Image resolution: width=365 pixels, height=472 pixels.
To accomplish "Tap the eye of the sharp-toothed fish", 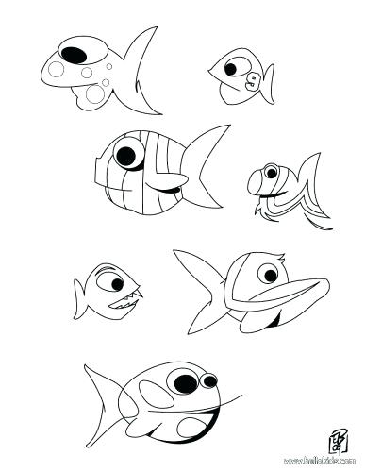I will (112, 281).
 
